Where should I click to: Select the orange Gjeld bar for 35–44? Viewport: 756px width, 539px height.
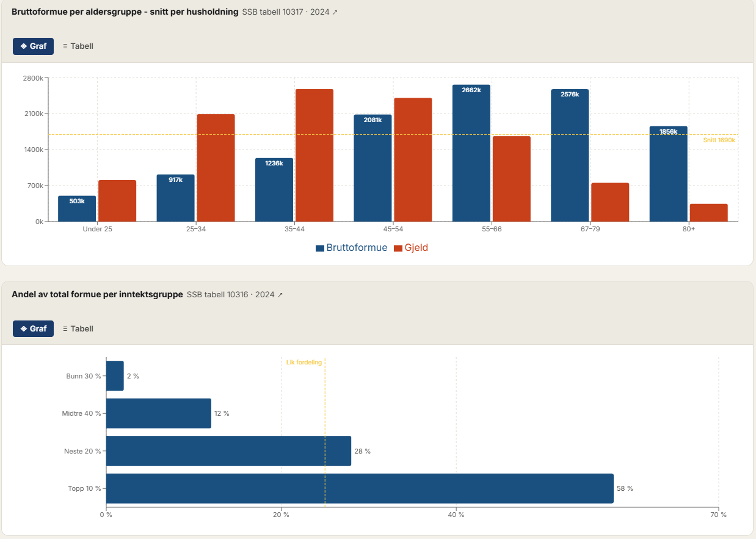click(x=314, y=156)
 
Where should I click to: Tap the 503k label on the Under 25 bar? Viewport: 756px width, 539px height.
click(x=77, y=201)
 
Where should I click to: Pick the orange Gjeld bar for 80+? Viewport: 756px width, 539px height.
click(x=709, y=212)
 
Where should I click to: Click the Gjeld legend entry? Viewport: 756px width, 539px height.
click(x=411, y=248)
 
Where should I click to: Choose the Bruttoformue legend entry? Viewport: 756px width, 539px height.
click(x=352, y=248)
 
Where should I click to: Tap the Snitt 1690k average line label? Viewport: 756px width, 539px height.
click(x=719, y=140)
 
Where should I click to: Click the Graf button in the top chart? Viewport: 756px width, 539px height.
click(x=34, y=46)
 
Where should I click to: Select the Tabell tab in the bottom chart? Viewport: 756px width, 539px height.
click(x=78, y=328)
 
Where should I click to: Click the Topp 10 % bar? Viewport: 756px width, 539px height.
click(x=360, y=488)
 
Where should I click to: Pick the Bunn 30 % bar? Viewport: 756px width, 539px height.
click(x=115, y=376)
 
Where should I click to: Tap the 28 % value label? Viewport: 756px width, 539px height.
click(x=363, y=451)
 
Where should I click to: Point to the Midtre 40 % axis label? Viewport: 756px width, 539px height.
click(x=81, y=414)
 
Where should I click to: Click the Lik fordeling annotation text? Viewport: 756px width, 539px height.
click(x=303, y=363)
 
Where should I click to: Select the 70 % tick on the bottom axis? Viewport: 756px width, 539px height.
click(x=719, y=515)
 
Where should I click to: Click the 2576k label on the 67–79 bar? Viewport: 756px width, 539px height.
click(x=570, y=95)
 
